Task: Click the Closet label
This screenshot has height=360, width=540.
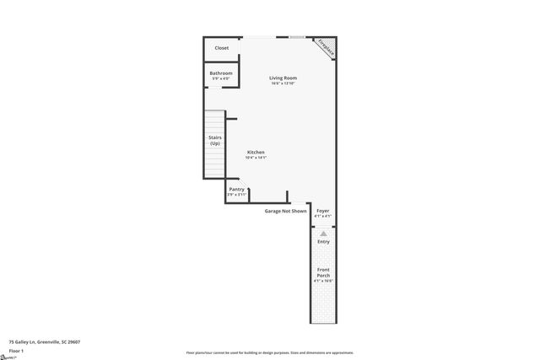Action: (x=221, y=48)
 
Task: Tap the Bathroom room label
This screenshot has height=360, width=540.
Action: (x=221, y=73)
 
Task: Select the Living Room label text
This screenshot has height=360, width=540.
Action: (x=283, y=78)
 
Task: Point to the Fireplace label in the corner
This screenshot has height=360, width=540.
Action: (x=326, y=47)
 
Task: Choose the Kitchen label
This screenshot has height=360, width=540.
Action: (x=256, y=152)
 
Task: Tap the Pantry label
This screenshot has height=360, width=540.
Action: (x=237, y=189)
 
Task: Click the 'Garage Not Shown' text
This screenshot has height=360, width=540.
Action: (x=286, y=211)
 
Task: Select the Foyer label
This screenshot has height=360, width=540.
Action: (x=323, y=210)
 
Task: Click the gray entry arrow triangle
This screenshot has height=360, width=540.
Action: (x=323, y=232)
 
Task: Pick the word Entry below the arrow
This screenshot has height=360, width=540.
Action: (x=323, y=242)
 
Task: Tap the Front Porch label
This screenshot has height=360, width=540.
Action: (x=323, y=272)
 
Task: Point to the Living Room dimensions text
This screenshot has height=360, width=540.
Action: (x=283, y=83)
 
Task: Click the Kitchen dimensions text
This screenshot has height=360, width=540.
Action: (x=256, y=158)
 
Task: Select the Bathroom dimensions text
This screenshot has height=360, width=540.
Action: (x=221, y=79)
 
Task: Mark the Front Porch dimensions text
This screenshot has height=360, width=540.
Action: (x=323, y=281)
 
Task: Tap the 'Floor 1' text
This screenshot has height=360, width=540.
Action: (x=16, y=350)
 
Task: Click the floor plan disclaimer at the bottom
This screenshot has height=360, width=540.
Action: (x=270, y=352)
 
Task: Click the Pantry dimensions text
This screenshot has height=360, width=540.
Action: (x=237, y=195)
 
